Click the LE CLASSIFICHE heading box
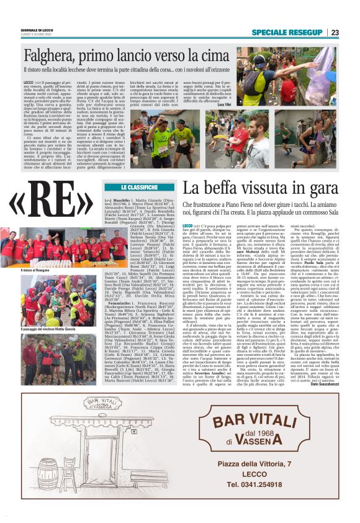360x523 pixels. click(x=138, y=186)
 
